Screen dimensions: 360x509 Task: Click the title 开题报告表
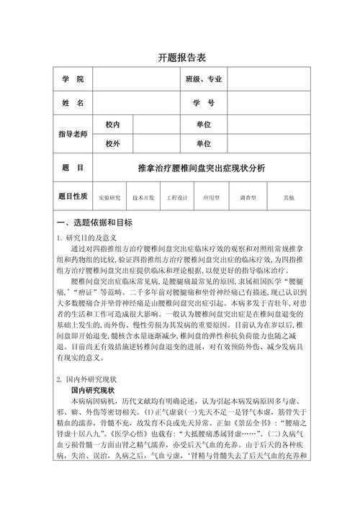click(x=180, y=58)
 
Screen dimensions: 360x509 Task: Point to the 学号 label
click(x=204, y=103)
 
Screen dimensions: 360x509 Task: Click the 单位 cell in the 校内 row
click(x=204, y=125)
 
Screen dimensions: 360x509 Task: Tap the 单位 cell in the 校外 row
click(x=204, y=144)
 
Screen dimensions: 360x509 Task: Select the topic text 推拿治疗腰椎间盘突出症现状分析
click(x=201, y=168)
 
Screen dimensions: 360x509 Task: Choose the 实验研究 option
click(x=109, y=197)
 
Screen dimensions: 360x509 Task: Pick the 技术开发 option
click(x=144, y=197)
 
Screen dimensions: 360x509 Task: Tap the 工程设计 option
click(x=177, y=197)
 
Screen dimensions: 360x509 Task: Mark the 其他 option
click(x=288, y=197)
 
